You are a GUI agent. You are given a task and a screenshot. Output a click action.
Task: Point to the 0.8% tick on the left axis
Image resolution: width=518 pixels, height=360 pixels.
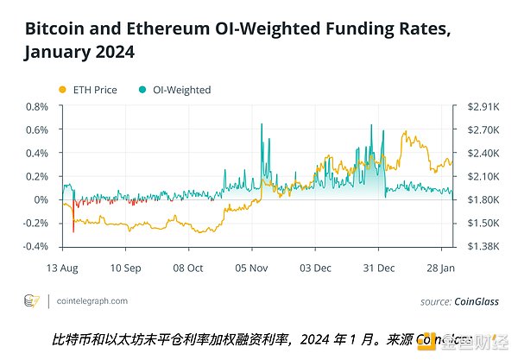pos(36,106)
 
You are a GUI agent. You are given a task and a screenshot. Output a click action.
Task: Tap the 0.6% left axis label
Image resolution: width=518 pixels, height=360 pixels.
pos(36,129)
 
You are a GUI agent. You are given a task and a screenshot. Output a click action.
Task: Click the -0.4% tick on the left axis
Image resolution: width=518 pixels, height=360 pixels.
pos(35,246)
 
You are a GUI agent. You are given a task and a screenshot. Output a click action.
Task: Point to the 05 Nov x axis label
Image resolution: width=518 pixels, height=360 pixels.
pos(251,268)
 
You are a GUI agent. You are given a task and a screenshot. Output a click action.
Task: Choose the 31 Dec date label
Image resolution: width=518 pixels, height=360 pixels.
pos(378,268)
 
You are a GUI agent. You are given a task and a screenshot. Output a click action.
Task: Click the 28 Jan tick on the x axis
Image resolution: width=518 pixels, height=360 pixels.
pos(442,268)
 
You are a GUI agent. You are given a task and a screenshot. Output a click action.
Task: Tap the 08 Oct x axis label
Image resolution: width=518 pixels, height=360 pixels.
pos(188,268)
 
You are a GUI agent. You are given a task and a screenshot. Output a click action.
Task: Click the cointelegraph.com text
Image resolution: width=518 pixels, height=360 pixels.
pos(92,301)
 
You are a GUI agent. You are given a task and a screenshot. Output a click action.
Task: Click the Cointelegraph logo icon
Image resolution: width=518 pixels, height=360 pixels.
pos(32,301)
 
